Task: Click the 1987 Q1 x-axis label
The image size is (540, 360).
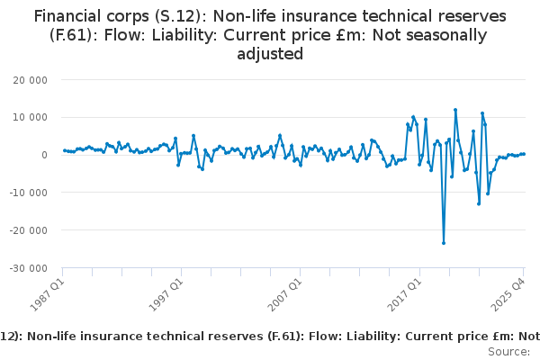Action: [x=47, y=290]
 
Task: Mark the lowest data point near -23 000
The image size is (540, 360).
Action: [x=444, y=243]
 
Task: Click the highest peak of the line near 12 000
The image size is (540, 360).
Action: [x=455, y=110]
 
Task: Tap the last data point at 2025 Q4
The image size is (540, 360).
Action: [x=524, y=154]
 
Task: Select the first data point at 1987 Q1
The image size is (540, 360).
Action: [x=63, y=150]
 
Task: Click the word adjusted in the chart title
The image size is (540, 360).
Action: [x=270, y=54]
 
